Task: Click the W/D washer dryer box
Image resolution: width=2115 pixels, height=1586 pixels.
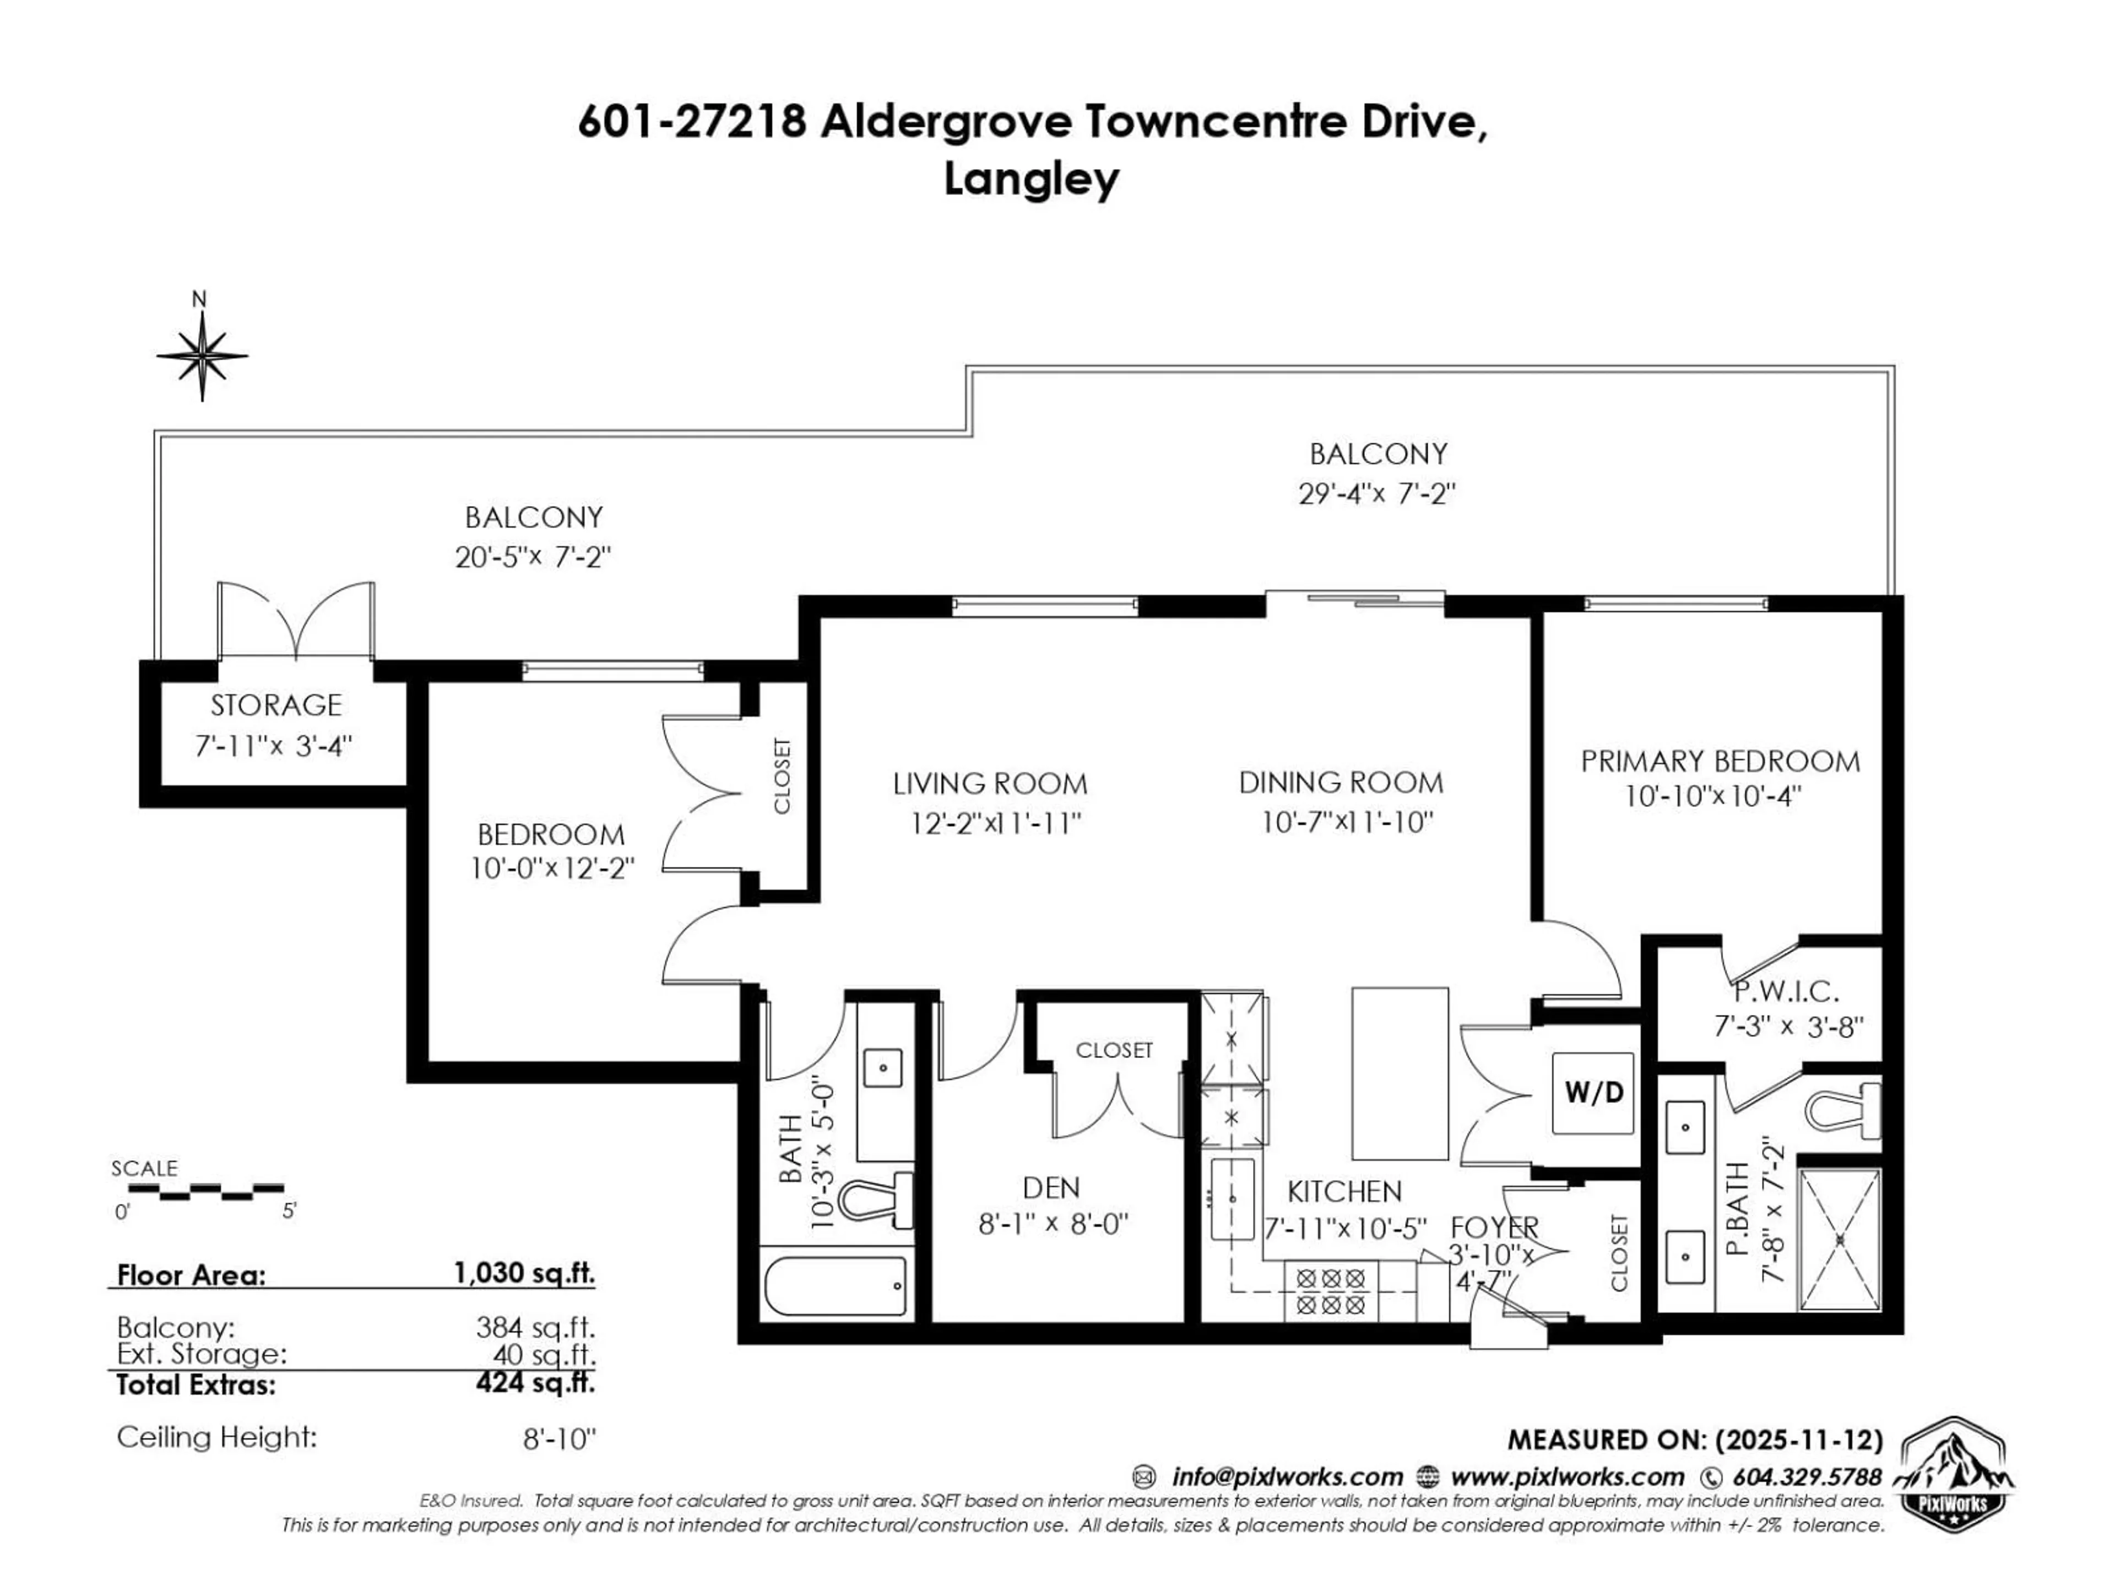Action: (1593, 1093)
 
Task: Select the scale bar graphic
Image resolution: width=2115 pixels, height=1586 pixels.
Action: (205, 1191)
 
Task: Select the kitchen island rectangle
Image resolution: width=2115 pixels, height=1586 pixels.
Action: (1399, 1074)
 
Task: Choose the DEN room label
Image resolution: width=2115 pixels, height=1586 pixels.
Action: (1051, 1188)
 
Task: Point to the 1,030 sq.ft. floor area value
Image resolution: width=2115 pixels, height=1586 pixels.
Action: (523, 1273)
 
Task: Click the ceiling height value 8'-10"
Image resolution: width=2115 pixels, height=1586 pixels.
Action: (560, 1439)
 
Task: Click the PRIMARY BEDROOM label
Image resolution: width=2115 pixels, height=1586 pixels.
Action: (1719, 762)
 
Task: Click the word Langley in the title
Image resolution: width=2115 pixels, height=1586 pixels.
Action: (1031, 179)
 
